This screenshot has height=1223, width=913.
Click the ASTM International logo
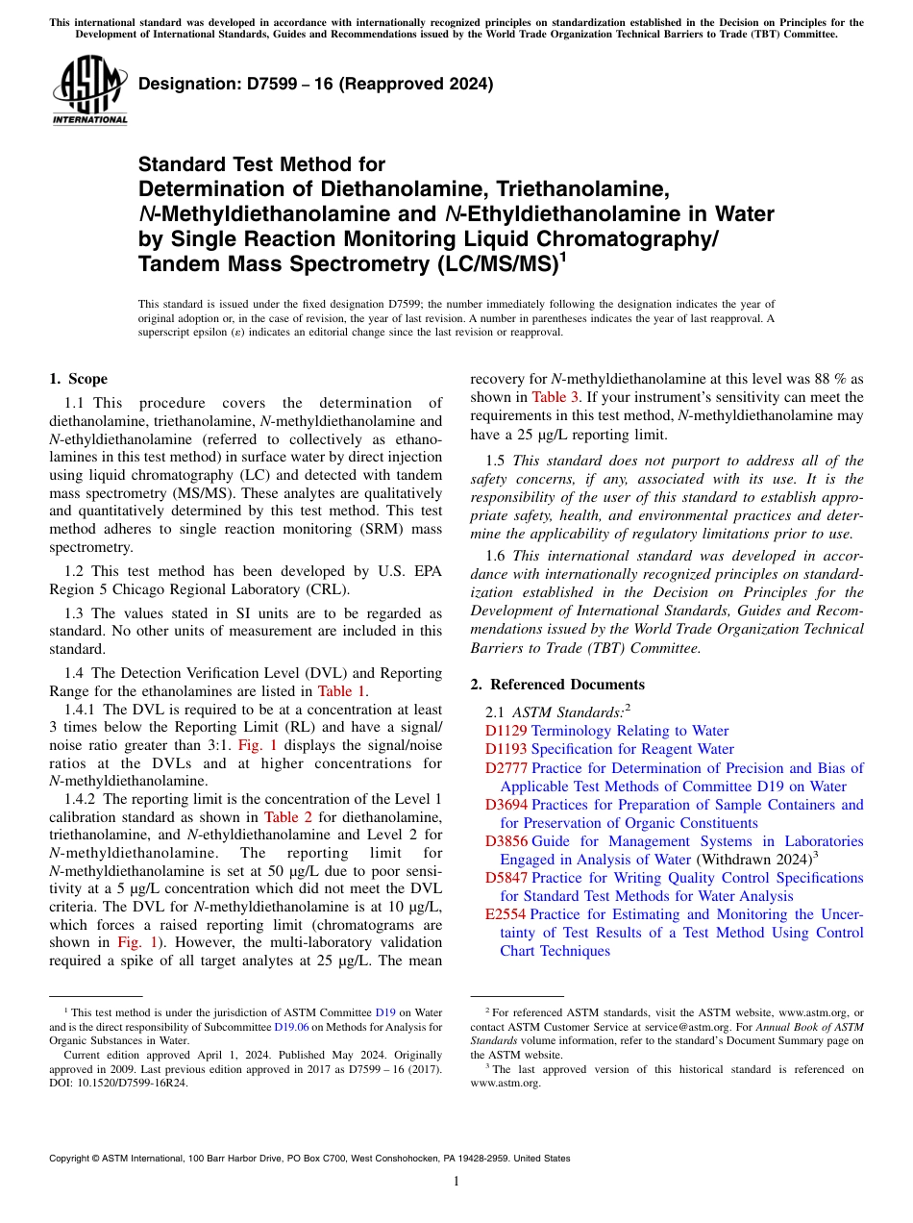pyautogui.click(x=89, y=90)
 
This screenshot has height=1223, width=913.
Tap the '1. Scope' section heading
pyautogui.click(x=78, y=379)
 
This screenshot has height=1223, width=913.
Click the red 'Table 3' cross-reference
pyautogui.click(x=556, y=397)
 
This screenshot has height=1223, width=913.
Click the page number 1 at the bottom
pyautogui.click(x=456, y=1181)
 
